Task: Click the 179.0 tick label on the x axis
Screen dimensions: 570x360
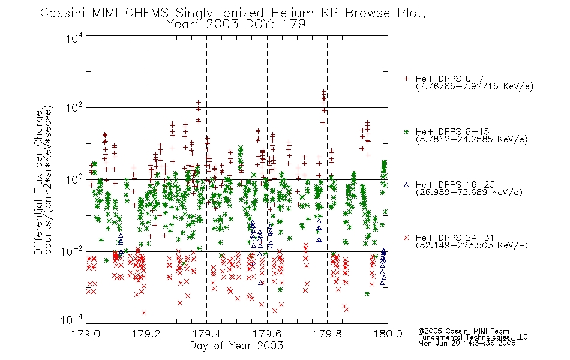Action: pyautogui.click(x=86, y=334)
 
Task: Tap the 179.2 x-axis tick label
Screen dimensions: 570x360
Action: pyautogui.click(x=146, y=334)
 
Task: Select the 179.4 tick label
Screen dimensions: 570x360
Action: pyautogui.click(x=206, y=334)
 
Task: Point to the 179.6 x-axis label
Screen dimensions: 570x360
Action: pyautogui.click(x=267, y=334)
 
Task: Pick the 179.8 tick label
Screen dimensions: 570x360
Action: pyautogui.click(x=327, y=334)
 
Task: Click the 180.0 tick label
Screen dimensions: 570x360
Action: pyautogui.click(x=388, y=334)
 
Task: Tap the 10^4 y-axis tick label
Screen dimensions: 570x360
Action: pyautogui.click(x=74, y=38)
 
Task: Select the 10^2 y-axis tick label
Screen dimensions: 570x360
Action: pyautogui.click(x=74, y=108)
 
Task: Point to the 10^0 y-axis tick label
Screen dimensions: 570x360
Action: pyautogui.click(x=74, y=179)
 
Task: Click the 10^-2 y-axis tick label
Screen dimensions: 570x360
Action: pyautogui.click(x=72, y=251)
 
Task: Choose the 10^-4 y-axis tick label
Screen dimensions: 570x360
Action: pyautogui.click(x=72, y=319)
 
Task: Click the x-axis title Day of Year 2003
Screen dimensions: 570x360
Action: pyautogui.click(x=236, y=346)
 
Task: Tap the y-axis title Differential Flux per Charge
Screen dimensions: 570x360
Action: pyautogui.click(x=38, y=182)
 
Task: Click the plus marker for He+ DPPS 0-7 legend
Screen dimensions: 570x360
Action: pyautogui.click(x=406, y=79)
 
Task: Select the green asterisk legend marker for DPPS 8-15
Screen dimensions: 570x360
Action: pyautogui.click(x=406, y=131)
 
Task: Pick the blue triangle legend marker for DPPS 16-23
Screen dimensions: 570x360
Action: pyautogui.click(x=406, y=185)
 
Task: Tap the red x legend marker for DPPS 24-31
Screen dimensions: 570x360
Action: pyautogui.click(x=406, y=238)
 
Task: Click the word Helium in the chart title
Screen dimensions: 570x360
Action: pyautogui.click(x=292, y=13)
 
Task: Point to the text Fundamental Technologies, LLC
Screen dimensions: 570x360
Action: pyautogui.click(x=473, y=337)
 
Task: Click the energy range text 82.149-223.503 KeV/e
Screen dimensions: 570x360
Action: pyautogui.click(x=472, y=245)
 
